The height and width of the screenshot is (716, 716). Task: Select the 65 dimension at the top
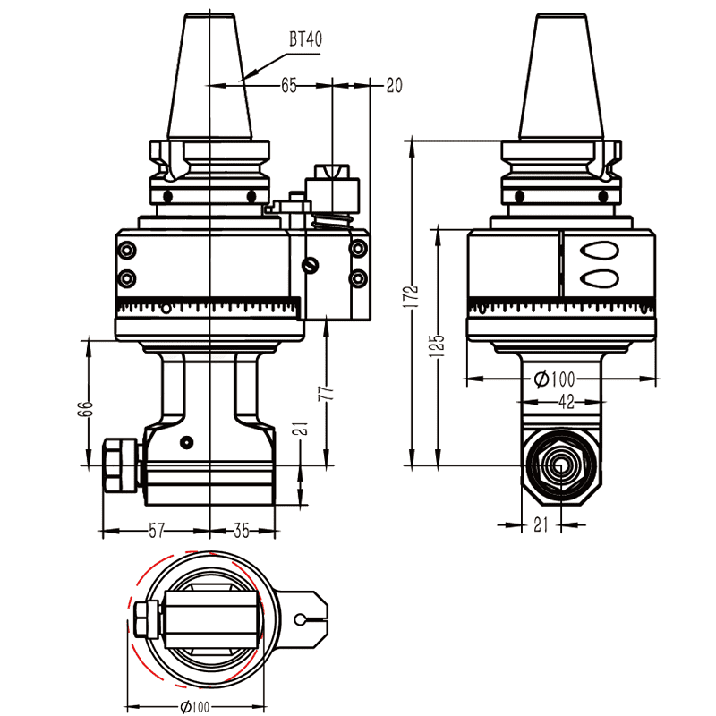[x=289, y=86]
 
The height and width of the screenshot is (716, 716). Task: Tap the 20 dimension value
[x=394, y=86]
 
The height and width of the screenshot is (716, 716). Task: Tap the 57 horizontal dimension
[x=156, y=531]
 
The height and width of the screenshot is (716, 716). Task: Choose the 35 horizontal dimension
[x=241, y=531]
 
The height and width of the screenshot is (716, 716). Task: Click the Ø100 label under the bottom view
[x=195, y=707]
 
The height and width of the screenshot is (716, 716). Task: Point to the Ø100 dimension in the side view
[x=554, y=379]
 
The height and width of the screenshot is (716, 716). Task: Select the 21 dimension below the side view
[x=541, y=525]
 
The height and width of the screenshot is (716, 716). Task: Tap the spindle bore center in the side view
[x=560, y=465]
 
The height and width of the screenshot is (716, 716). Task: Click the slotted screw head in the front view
[x=311, y=265]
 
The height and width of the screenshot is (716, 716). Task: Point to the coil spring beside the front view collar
[x=333, y=224]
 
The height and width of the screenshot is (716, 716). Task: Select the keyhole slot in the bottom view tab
[x=304, y=618]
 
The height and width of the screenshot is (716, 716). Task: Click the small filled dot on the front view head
[x=185, y=441]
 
